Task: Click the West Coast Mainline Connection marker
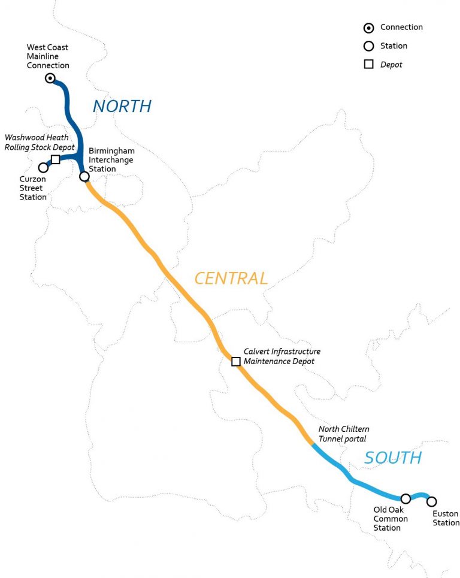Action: click(50, 78)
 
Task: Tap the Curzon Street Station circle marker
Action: click(43, 167)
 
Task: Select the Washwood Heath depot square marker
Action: click(56, 159)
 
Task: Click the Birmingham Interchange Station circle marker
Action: click(84, 176)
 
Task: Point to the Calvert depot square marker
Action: click(236, 361)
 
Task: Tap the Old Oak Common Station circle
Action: click(405, 498)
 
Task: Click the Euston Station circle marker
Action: click(431, 501)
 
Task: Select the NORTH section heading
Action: click(122, 107)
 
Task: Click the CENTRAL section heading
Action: click(231, 278)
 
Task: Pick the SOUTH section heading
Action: click(393, 458)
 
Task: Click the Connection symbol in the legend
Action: click(369, 28)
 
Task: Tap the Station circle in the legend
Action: click(369, 46)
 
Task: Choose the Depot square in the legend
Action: click(369, 65)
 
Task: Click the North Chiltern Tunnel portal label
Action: click(344, 434)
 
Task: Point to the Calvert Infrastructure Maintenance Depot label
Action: click(282, 356)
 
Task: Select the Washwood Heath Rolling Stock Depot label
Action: click(40, 143)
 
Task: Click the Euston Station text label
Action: click(446, 518)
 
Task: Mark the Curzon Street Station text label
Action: click(33, 189)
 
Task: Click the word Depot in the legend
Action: click(391, 65)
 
